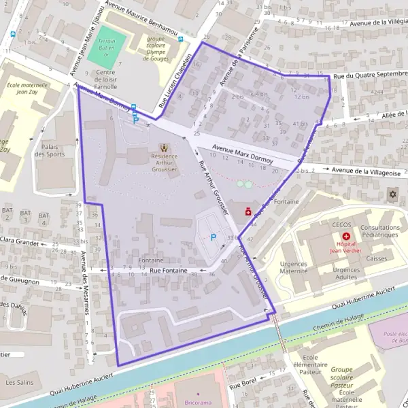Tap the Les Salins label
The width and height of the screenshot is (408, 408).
tap(19, 383)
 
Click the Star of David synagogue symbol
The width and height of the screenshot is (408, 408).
tap(392, 195)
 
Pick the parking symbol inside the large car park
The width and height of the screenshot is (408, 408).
tap(214, 237)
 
